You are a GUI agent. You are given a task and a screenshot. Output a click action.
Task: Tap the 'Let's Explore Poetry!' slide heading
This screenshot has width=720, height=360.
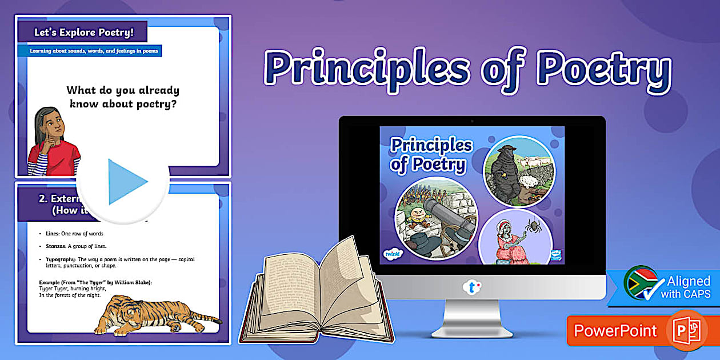pyautogui.click(x=83, y=33)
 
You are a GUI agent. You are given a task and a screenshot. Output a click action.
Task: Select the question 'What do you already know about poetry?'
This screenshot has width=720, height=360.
pyautogui.click(x=123, y=97)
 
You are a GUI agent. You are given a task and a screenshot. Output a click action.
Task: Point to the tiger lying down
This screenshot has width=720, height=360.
pyautogui.click(x=154, y=314)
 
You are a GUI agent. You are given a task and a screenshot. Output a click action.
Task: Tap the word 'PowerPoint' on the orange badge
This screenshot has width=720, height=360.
pyautogui.click(x=615, y=330)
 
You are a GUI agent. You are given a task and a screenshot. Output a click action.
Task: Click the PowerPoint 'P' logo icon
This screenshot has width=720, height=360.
pyautogui.click(x=686, y=330)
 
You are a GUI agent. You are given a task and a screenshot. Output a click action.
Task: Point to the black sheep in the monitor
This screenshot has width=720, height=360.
pyautogui.click(x=503, y=171)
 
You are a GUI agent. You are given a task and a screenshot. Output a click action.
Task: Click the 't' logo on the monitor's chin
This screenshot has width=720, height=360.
pyautogui.click(x=471, y=287)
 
